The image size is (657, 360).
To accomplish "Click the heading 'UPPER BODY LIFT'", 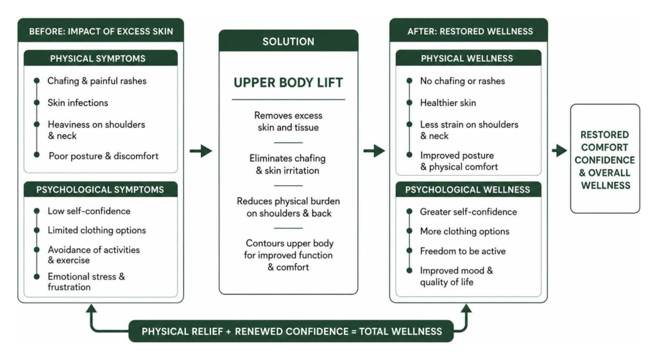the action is point(288,83).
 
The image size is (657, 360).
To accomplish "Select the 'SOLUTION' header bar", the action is point(288,41).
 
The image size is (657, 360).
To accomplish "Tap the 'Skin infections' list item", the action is point(78,103).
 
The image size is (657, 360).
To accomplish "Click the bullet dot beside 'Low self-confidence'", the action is point(37,211).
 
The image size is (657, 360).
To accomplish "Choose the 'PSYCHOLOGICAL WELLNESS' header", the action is point(468,189).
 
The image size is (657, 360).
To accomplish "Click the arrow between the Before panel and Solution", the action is point(201,151).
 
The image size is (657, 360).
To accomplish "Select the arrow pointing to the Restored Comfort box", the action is point(559,150).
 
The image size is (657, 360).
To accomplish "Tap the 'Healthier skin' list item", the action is point(448,103).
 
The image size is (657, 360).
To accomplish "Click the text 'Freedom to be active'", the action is point(463,251).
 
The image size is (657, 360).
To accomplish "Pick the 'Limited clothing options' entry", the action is point(97,230).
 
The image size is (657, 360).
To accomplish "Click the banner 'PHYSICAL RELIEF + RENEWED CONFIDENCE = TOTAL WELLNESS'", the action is point(291,332).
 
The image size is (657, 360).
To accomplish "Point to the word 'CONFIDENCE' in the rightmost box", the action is point(604,160).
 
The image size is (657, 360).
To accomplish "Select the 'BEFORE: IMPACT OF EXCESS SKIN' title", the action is point(101,31).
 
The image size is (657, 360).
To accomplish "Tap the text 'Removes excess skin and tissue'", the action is point(288,121).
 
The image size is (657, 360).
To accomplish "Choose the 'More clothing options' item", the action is point(465,232).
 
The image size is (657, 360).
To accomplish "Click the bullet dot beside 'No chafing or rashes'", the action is point(409,80).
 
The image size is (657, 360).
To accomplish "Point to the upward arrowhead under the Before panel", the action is point(91,309).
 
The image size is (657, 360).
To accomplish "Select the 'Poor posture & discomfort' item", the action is point(103,156).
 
